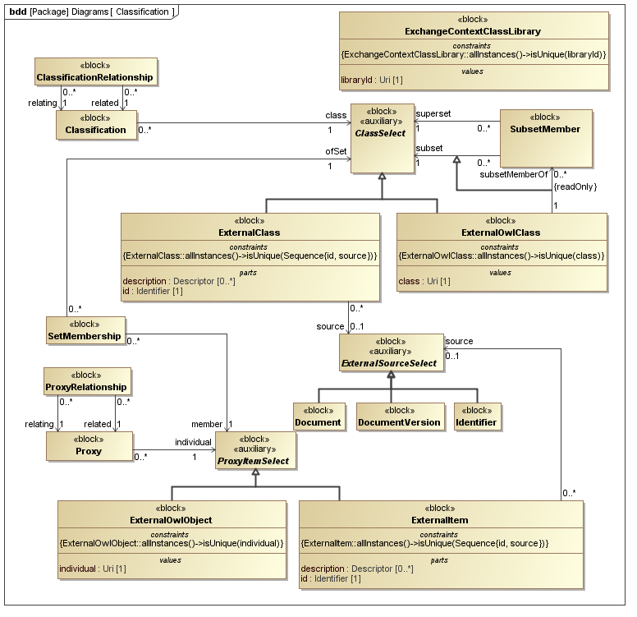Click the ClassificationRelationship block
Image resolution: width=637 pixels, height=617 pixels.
[x=95, y=71]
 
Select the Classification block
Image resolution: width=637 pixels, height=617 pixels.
[x=96, y=124]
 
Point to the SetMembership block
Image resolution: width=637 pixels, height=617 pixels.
[x=85, y=330]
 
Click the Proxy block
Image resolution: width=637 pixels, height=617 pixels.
[x=89, y=445]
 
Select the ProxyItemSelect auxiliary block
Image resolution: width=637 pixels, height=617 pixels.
[x=256, y=453]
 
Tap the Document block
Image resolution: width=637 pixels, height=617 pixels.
[x=318, y=417]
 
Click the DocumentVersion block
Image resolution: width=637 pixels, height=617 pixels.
[x=399, y=417]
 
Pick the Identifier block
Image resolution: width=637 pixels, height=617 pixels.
[x=476, y=417]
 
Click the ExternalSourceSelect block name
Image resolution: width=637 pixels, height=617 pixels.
[x=391, y=364]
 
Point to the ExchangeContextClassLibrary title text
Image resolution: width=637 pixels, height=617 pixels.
[x=473, y=31]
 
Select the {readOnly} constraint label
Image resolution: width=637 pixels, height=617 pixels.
[x=575, y=187]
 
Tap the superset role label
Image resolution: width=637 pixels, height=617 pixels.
[x=433, y=114]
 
